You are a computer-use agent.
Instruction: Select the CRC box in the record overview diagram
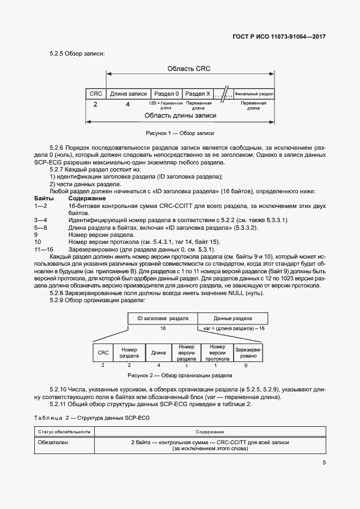[x=95, y=94]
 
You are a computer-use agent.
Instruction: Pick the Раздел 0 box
[x=165, y=94]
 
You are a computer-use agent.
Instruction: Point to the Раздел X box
[x=198, y=94]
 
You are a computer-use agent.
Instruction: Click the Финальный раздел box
[x=254, y=94]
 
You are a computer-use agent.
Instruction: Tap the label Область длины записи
[x=180, y=115]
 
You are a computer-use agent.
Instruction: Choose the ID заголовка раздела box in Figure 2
[x=162, y=317]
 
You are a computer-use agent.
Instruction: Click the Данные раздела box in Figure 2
[x=233, y=317]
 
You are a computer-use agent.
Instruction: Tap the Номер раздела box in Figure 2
[x=129, y=352]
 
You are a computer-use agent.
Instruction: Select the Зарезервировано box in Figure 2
[x=248, y=352]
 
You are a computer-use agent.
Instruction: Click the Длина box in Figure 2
[x=158, y=352]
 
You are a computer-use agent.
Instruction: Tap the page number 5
[x=324, y=463]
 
